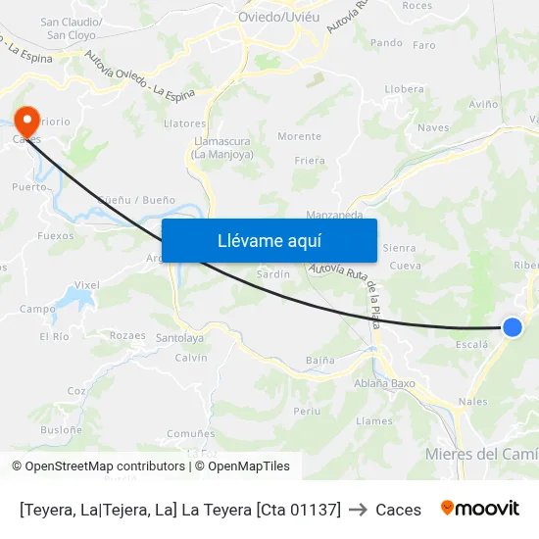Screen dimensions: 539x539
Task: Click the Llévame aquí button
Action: click(x=269, y=240)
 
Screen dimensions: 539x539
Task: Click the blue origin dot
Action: click(x=512, y=327)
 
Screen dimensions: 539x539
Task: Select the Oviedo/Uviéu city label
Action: click(x=278, y=17)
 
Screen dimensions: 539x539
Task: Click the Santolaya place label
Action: click(x=179, y=338)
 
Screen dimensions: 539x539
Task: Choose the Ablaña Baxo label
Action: click(x=384, y=383)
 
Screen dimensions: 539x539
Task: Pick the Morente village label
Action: click(x=299, y=136)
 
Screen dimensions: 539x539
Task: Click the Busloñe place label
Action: click(x=61, y=429)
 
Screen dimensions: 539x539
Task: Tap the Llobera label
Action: click(x=404, y=88)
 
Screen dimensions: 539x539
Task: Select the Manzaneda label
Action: click(x=334, y=215)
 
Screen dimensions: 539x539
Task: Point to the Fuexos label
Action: click(x=55, y=235)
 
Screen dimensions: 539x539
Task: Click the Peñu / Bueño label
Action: click(x=136, y=200)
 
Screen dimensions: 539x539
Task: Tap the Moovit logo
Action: click(x=480, y=509)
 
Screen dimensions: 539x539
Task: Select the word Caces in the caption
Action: click(x=398, y=510)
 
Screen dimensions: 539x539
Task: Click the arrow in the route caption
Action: click(x=358, y=510)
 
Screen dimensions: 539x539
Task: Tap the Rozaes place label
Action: click(x=127, y=335)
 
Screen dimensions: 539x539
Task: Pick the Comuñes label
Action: click(x=191, y=433)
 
